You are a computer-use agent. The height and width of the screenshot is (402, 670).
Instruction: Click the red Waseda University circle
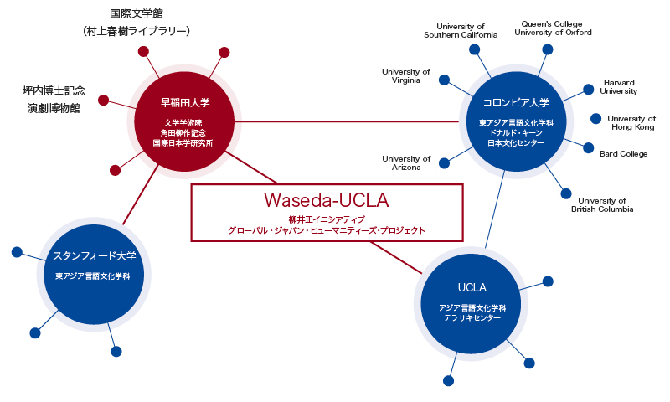(184, 121)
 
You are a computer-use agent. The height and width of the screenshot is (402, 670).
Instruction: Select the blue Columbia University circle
(516, 121)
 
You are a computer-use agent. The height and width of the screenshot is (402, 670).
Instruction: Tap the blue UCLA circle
(471, 304)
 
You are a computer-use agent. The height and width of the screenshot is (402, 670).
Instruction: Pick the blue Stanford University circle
(94, 274)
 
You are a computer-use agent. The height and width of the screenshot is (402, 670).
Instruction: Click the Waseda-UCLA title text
(327, 200)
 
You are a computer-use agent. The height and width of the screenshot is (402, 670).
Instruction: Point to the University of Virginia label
(406, 75)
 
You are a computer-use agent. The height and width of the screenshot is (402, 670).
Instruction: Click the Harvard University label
(618, 87)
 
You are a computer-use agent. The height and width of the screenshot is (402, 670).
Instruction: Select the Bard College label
(623, 154)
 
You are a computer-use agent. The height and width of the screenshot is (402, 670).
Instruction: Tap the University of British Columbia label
(602, 204)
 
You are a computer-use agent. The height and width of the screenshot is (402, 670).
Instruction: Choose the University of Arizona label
(406, 162)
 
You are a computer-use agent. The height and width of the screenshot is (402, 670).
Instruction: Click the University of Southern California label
(461, 31)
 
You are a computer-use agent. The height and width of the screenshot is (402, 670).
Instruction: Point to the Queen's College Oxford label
(553, 28)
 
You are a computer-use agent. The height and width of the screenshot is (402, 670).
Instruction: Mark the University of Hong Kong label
(631, 122)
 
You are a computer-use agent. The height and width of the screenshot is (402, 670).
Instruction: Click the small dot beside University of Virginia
(445, 80)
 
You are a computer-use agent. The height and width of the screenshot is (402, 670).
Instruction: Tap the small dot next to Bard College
(589, 147)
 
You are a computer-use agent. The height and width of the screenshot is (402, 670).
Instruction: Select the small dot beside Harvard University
(589, 90)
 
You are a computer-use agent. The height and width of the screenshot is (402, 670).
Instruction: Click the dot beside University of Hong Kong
(595, 119)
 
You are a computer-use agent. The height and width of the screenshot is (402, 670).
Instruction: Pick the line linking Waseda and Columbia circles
(347, 121)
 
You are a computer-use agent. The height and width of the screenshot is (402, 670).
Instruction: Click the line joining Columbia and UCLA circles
(495, 209)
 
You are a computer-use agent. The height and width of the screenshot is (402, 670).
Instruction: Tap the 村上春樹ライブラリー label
(137, 31)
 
